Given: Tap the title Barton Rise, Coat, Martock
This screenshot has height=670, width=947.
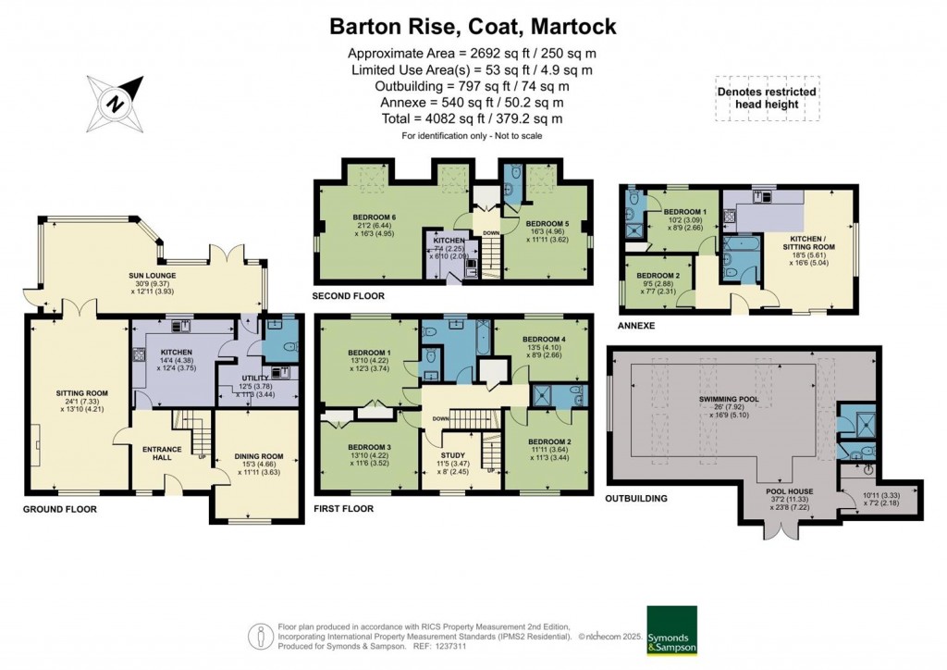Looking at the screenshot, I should coord(473,27).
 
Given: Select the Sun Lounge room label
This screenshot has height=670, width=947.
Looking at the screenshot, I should coord(153,276).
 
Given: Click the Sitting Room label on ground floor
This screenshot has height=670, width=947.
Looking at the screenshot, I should coord(76,392).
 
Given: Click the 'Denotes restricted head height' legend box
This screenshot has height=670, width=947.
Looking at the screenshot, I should coord(767,98).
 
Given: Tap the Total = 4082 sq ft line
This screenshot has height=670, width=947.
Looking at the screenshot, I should coord(473,119).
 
